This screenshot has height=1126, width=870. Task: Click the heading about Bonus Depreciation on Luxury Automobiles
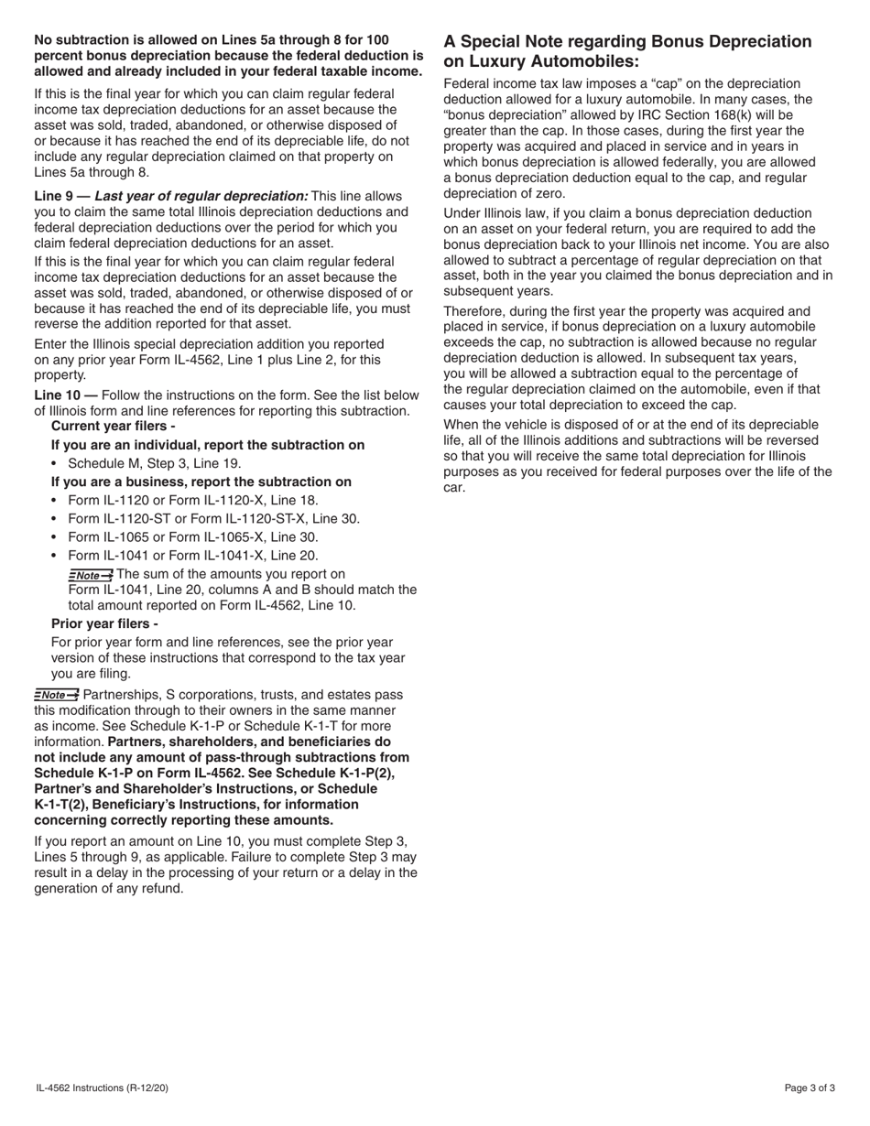(627, 51)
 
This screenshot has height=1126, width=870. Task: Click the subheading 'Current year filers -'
(114, 427)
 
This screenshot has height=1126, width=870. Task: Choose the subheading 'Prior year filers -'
(104, 623)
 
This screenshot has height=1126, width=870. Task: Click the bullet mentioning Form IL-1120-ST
(214, 519)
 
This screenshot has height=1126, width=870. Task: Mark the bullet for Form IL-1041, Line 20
(193, 556)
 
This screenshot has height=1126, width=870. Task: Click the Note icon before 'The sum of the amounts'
(91, 575)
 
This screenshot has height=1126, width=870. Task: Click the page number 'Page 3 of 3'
(810, 1088)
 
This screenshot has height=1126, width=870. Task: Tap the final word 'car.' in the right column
(455, 487)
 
